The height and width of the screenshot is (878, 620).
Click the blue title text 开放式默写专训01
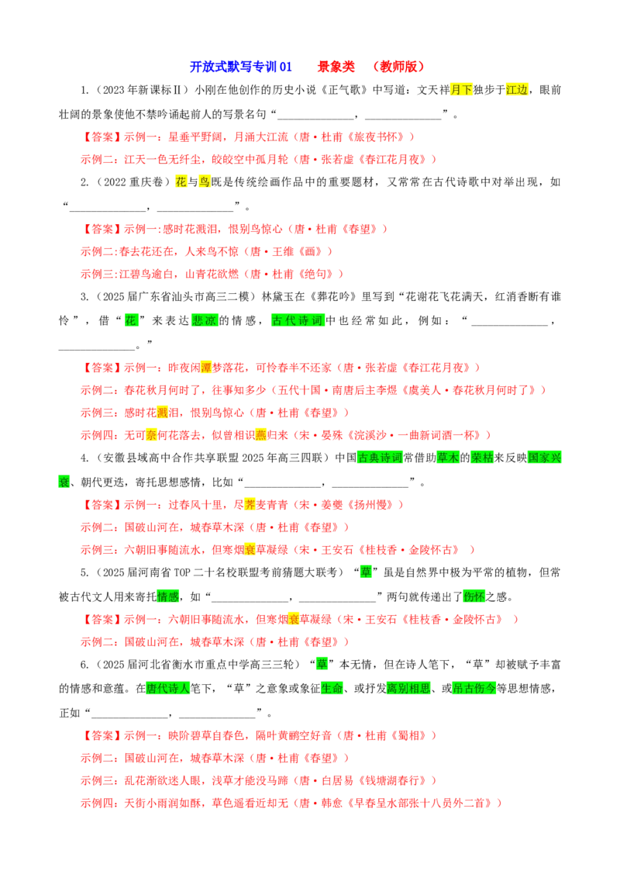coord(240,67)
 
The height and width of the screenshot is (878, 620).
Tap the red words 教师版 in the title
coord(399,67)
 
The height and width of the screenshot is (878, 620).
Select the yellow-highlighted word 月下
coord(462,90)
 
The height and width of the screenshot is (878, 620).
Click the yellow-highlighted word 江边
coord(516,90)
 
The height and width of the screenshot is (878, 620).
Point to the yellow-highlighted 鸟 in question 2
coord(205,182)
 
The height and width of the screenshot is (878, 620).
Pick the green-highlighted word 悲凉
coord(205,320)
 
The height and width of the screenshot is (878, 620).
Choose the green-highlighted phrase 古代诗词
coord(298,320)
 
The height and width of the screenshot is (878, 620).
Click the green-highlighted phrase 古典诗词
coord(380,458)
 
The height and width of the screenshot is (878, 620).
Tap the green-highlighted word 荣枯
coord(482,458)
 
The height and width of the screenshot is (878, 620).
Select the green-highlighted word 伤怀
coord(474,596)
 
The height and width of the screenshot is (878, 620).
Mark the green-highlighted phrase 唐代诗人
coord(168,688)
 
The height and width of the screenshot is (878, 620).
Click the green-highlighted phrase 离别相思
coord(408,688)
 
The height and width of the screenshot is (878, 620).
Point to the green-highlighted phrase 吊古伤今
coord(474,688)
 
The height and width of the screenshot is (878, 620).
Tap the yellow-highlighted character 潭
coord(206,368)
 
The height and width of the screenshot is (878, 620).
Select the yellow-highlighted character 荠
coord(250,505)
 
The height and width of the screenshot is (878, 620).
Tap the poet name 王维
coord(283,251)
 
